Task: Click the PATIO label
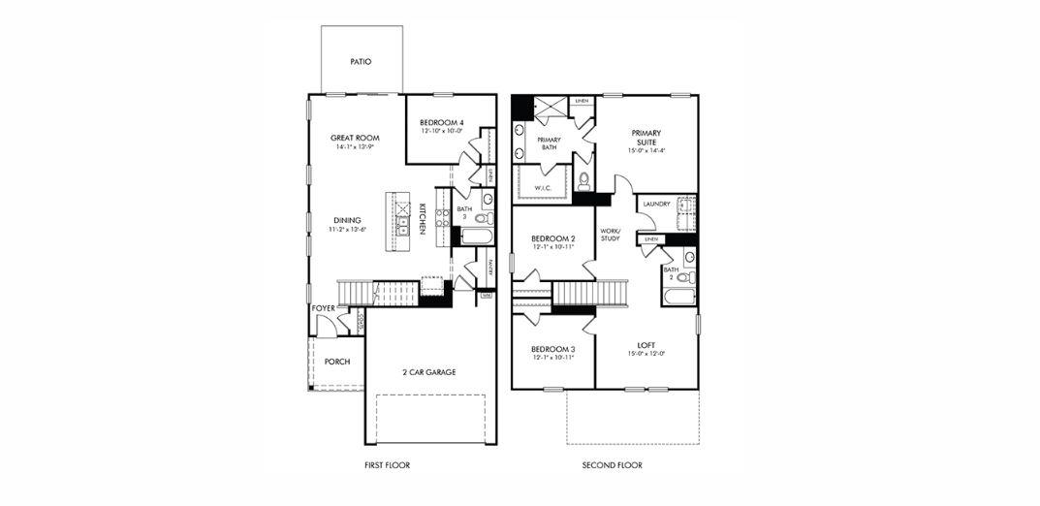coord(361,61)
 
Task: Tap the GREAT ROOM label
coord(354,138)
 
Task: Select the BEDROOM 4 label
coord(441,122)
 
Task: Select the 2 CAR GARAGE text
coord(428,372)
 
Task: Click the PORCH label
coord(337,362)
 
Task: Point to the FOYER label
coord(323,308)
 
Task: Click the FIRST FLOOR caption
coord(386,465)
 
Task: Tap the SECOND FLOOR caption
coord(612,465)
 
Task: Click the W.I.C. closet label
coord(543,188)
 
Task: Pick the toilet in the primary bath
coord(583,181)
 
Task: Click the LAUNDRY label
coord(658,205)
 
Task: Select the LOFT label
coord(646,344)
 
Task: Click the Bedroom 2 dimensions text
coord(553,247)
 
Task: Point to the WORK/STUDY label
coord(610,234)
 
